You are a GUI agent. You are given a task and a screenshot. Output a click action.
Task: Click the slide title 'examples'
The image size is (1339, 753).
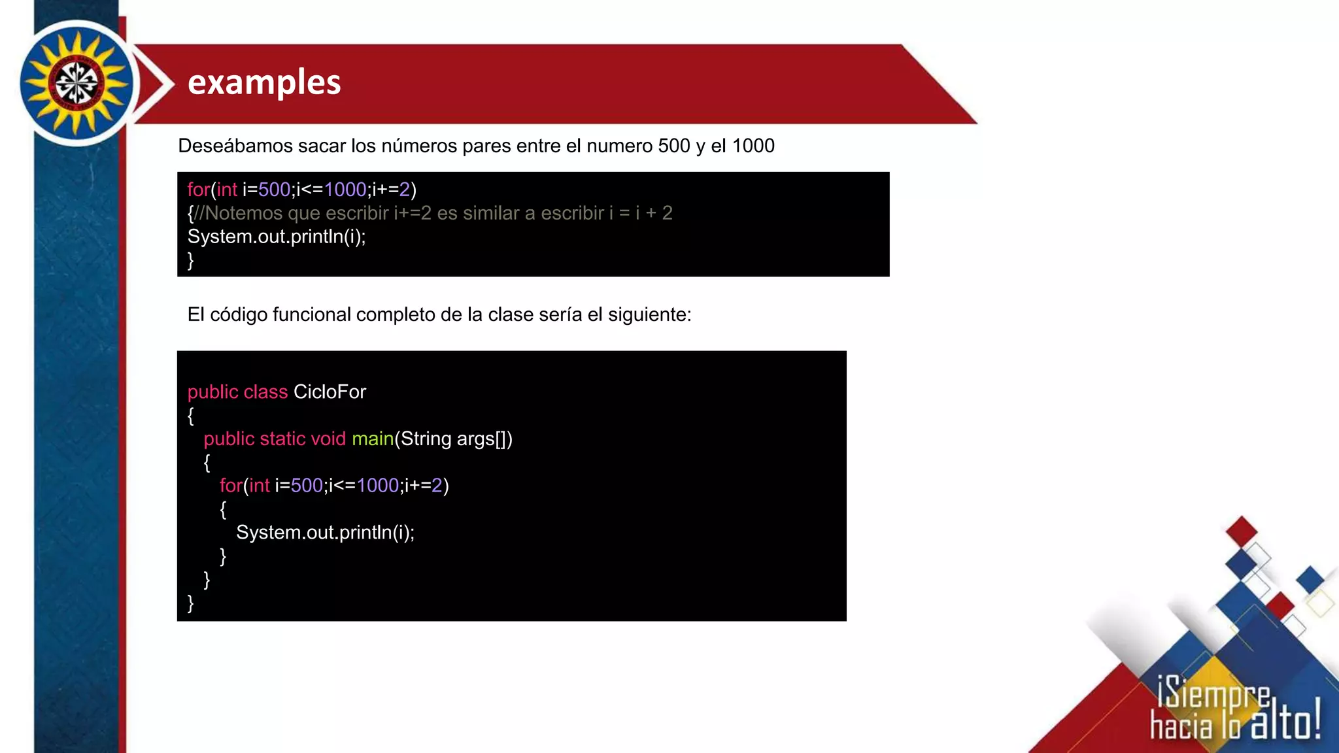[x=264, y=82]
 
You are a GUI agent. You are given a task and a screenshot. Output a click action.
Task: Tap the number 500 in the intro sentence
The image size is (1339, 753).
[x=674, y=146]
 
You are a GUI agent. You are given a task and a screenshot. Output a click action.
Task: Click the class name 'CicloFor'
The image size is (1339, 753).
[x=330, y=392]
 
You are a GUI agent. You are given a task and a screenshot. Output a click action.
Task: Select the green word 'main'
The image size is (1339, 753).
[x=373, y=439]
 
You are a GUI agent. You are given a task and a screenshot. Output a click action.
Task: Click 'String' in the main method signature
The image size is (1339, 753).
[x=426, y=439]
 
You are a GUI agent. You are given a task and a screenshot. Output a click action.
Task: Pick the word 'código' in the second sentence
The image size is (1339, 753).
[x=239, y=315]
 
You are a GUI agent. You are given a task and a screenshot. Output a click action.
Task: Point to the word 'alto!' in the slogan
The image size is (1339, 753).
[x=1285, y=724]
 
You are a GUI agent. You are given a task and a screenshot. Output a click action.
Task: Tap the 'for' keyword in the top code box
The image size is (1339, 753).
[x=198, y=190]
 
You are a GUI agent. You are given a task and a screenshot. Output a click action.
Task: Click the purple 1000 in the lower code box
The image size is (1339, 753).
[x=378, y=486]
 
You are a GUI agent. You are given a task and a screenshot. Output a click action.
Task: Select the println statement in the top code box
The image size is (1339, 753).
[x=277, y=237]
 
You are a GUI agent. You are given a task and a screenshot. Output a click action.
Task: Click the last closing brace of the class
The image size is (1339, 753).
[x=191, y=603]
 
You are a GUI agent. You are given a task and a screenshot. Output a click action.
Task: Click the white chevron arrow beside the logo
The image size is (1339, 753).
[x=157, y=84]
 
